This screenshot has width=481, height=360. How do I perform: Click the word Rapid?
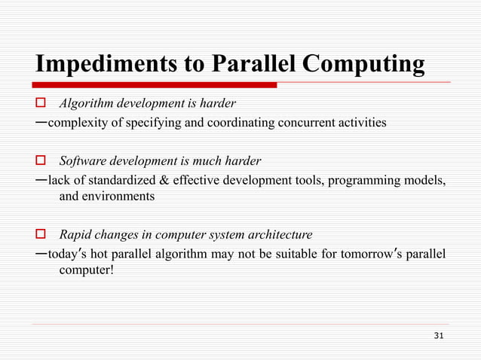coord(75,234)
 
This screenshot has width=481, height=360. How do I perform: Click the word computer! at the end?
coord(87,270)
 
